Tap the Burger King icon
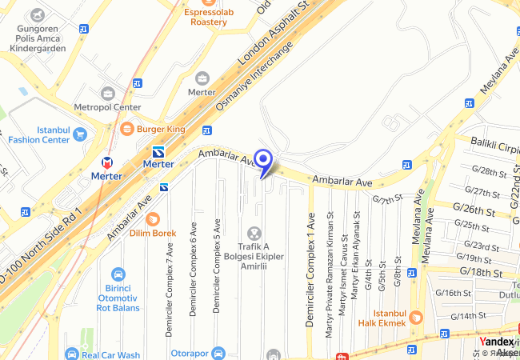point(126,128)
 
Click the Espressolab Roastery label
point(210,17)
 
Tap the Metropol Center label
point(107,107)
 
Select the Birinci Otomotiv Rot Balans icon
point(118,274)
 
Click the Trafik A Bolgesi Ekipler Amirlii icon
point(254,234)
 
